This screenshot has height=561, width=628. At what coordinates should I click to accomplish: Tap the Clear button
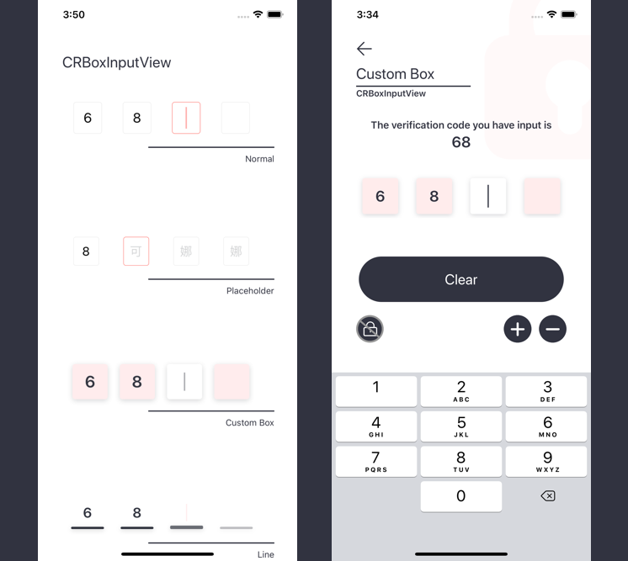click(x=461, y=279)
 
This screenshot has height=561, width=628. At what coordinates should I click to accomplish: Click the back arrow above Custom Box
click(x=364, y=49)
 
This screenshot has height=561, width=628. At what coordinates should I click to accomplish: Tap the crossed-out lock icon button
click(x=370, y=329)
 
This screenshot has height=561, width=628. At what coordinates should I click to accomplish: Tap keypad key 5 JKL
click(x=461, y=426)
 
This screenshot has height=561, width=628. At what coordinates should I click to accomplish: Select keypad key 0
click(x=461, y=496)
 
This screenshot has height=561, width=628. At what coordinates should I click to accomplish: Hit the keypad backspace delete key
click(x=547, y=496)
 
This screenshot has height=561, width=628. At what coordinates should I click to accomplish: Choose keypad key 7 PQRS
click(x=376, y=462)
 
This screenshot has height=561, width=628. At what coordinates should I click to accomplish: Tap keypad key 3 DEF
click(x=546, y=391)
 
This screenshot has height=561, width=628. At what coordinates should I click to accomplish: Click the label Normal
click(x=259, y=159)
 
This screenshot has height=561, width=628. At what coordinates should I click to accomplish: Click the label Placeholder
click(x=250, y=291)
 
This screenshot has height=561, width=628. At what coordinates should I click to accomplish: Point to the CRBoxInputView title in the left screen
click(x=116, y=62)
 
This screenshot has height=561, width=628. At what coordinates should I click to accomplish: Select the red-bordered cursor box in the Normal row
click(x=186, y=118)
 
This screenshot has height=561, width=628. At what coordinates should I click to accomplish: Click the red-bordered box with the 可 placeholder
click(x=136, y=251)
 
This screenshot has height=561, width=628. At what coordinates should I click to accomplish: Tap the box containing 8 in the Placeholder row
click(x=86, y=251)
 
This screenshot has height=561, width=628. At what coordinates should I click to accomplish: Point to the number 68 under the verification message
click(x=461, y=142)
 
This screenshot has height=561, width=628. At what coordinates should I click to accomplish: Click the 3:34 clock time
click(x=367, y=15)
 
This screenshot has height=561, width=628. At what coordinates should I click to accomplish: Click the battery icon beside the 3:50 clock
click(x=275, y=14)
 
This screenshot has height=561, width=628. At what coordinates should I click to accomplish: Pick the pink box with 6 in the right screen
click(x=381, y=196)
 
